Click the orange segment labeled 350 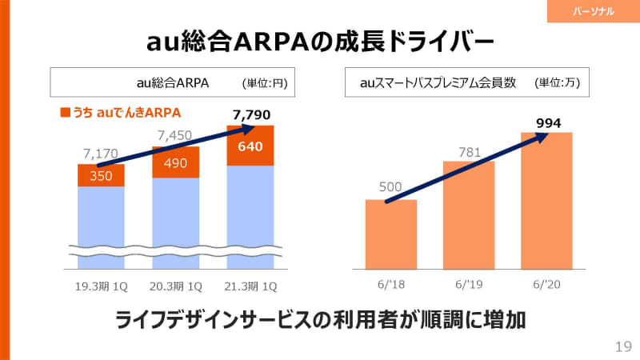pos(101,175)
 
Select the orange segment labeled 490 pos(175,162)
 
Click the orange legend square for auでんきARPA pos(65,112)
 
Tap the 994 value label pos(547,122)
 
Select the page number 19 pos(623,346)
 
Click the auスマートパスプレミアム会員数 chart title pos(438,82)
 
